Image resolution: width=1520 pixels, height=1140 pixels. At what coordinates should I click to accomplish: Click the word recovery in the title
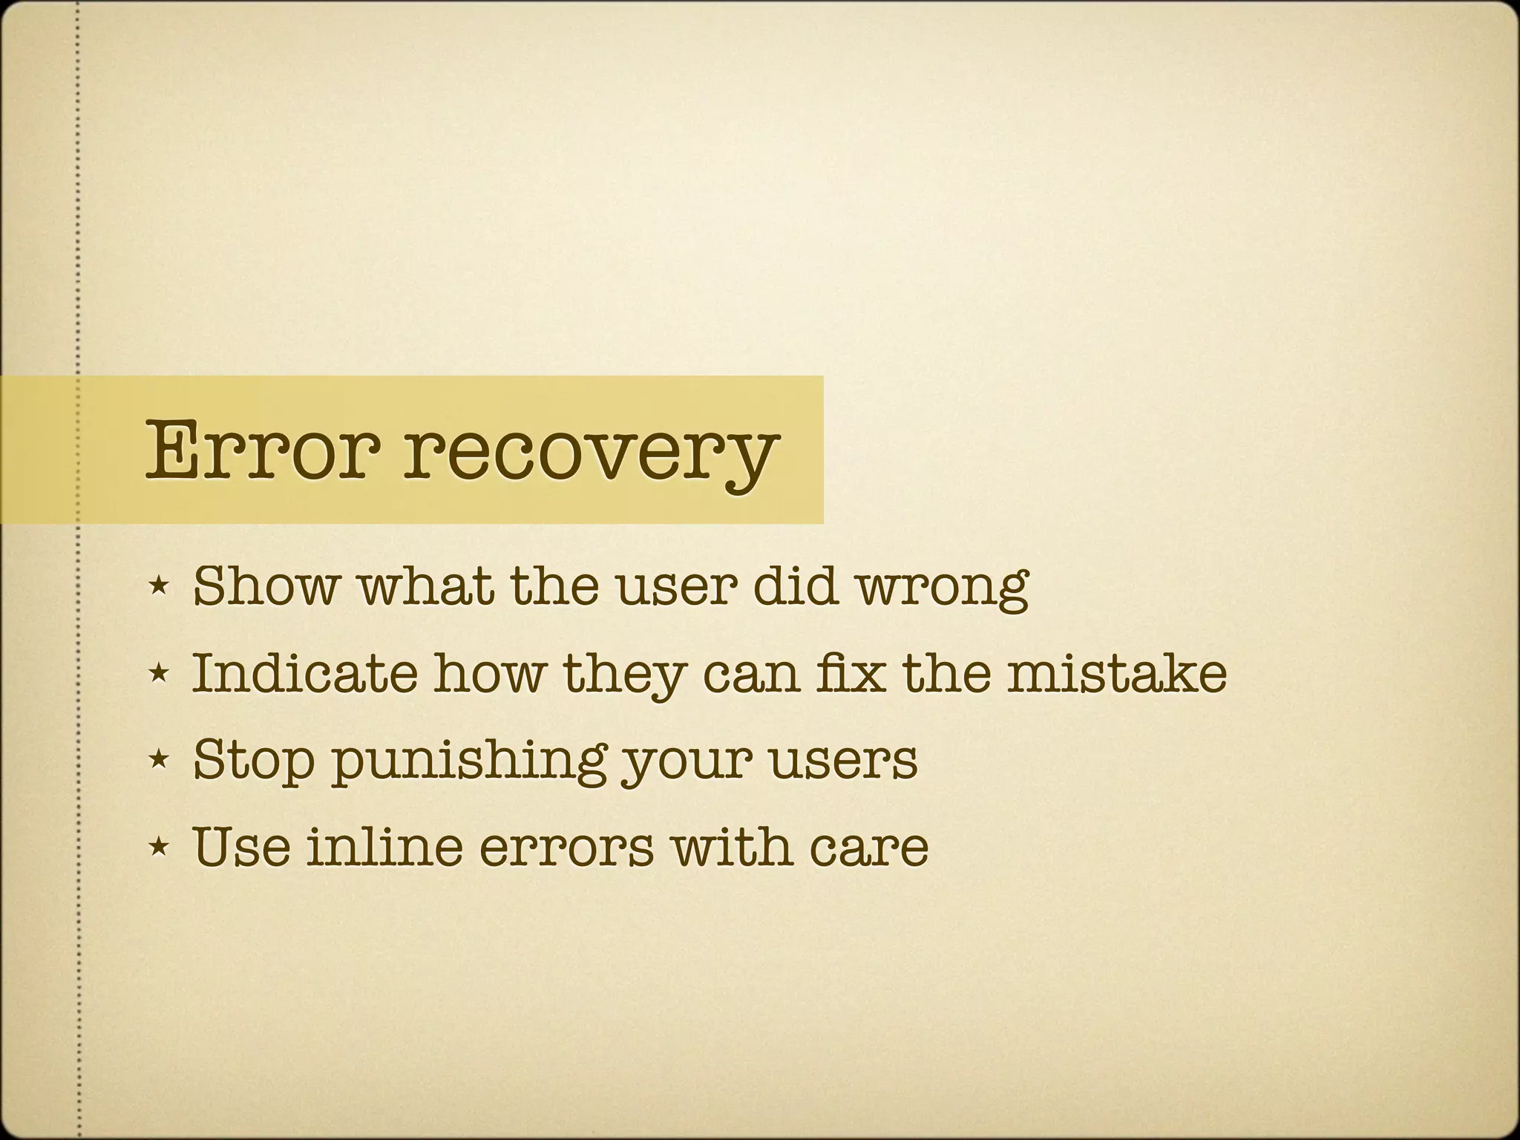point(590,453)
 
